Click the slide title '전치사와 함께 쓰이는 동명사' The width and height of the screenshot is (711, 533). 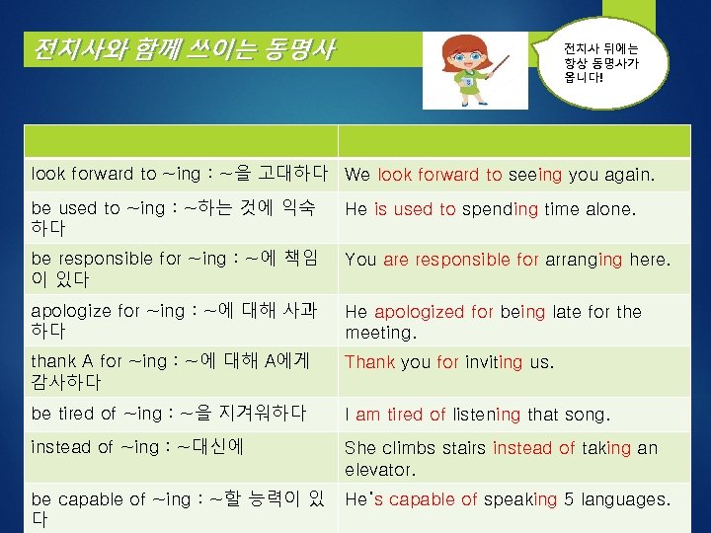pos(184,48)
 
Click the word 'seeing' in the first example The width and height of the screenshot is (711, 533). pos(535,175)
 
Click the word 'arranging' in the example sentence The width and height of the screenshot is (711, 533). pos(583,261)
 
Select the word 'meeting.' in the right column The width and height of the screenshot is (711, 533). pos(382,333)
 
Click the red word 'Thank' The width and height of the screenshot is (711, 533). pos(369,362)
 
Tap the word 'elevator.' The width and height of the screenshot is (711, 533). pos(380,469)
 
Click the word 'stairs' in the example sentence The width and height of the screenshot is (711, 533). pos(458,448)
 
